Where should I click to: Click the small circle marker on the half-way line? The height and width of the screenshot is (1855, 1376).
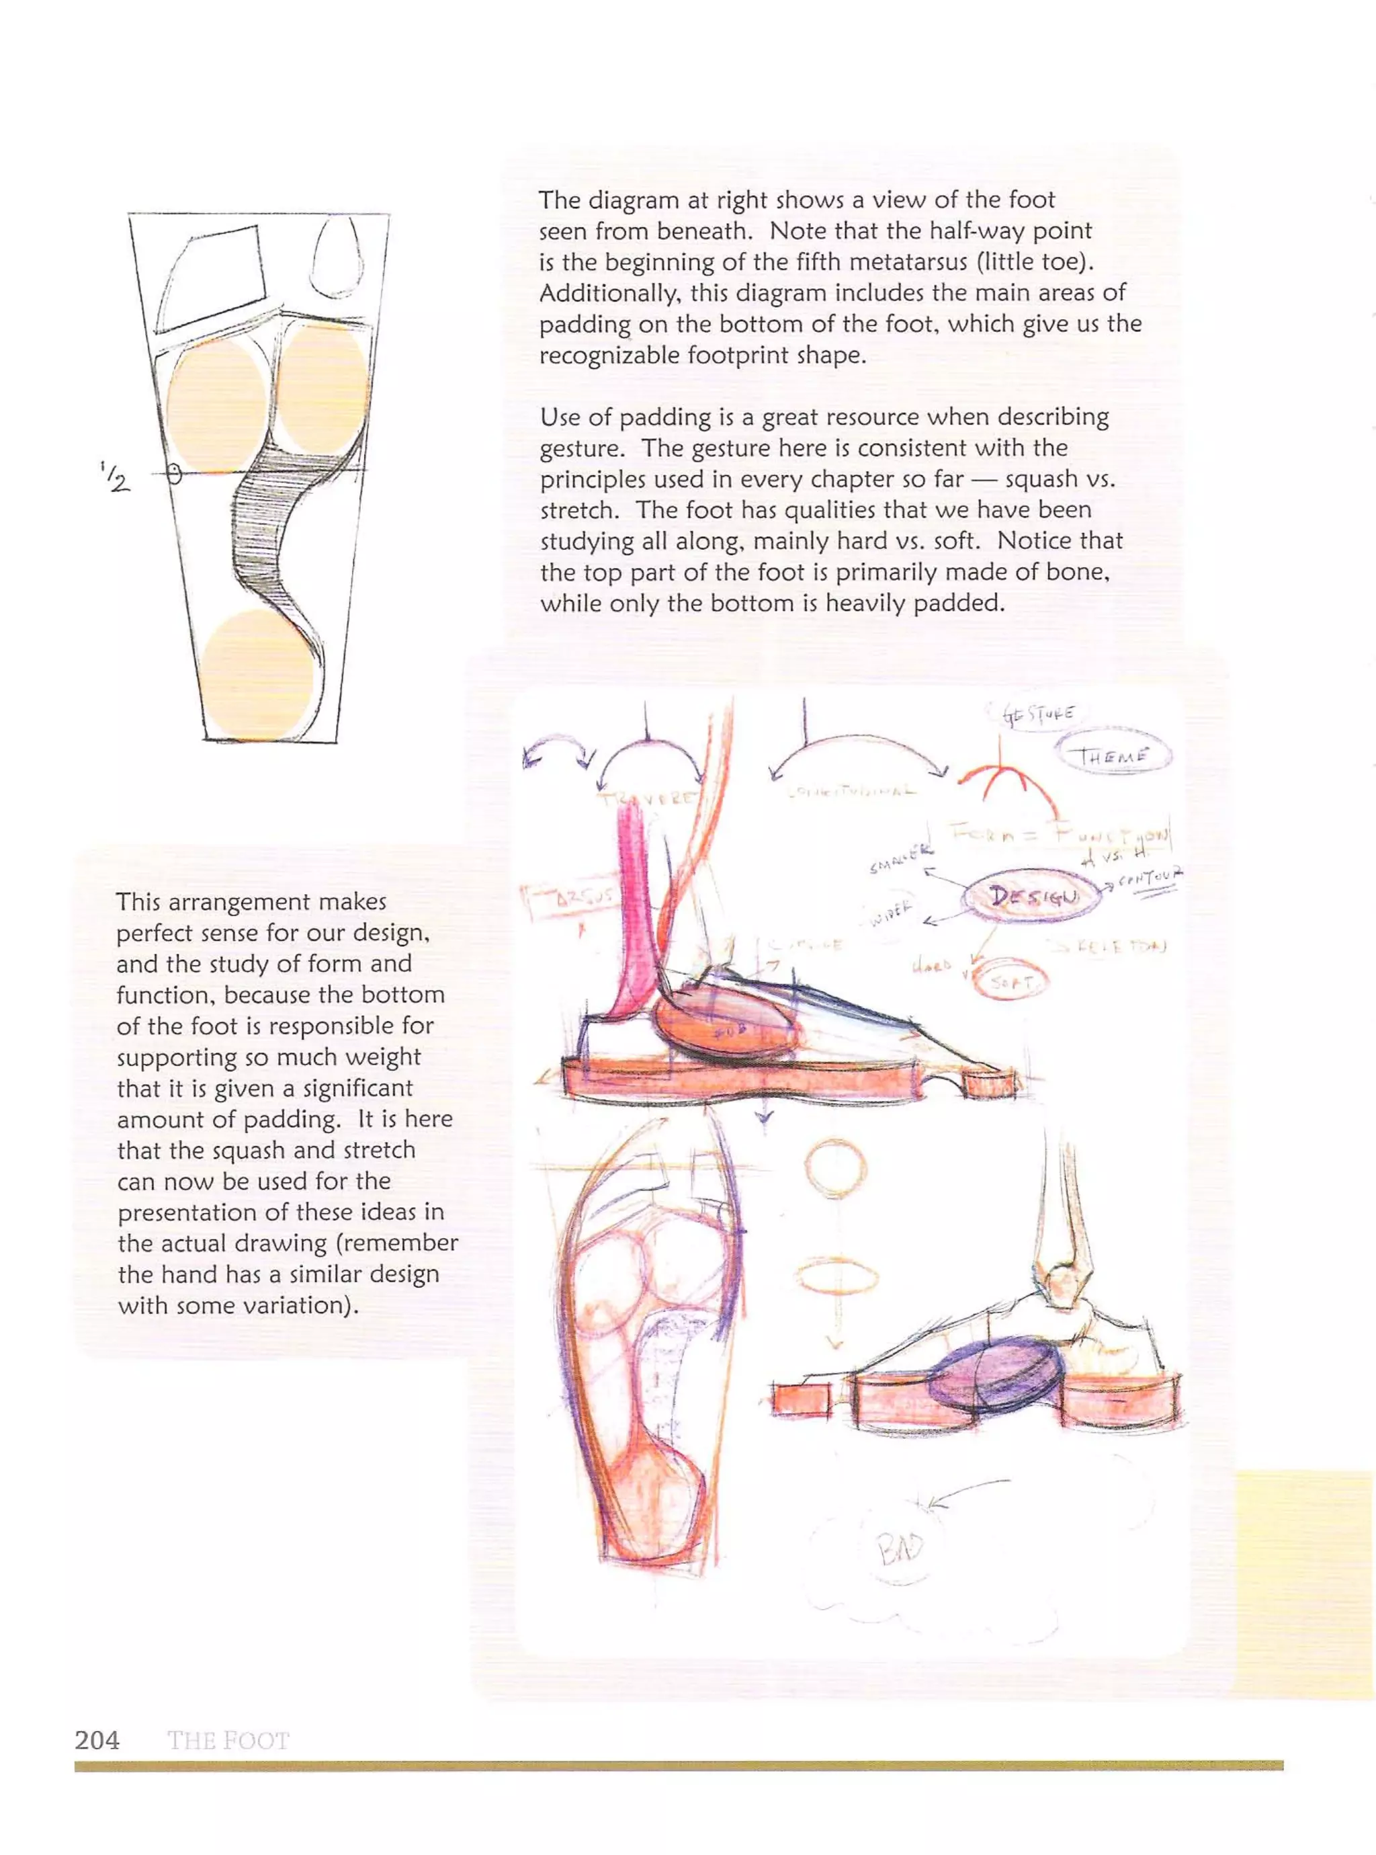pyautogui.click(x=173, y=474)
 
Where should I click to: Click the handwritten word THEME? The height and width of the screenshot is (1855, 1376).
pyautogui.click(x=1113, y=756)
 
